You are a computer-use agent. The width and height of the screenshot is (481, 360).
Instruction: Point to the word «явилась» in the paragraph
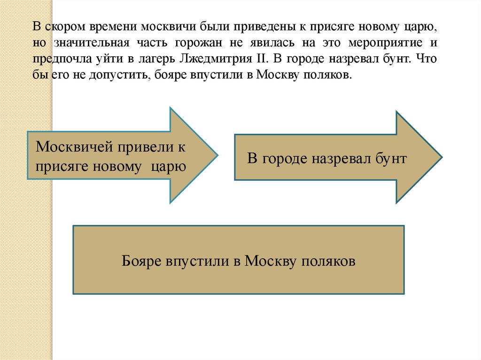point(276,43)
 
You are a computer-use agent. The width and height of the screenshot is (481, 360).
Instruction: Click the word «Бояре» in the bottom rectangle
point(140,260)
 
